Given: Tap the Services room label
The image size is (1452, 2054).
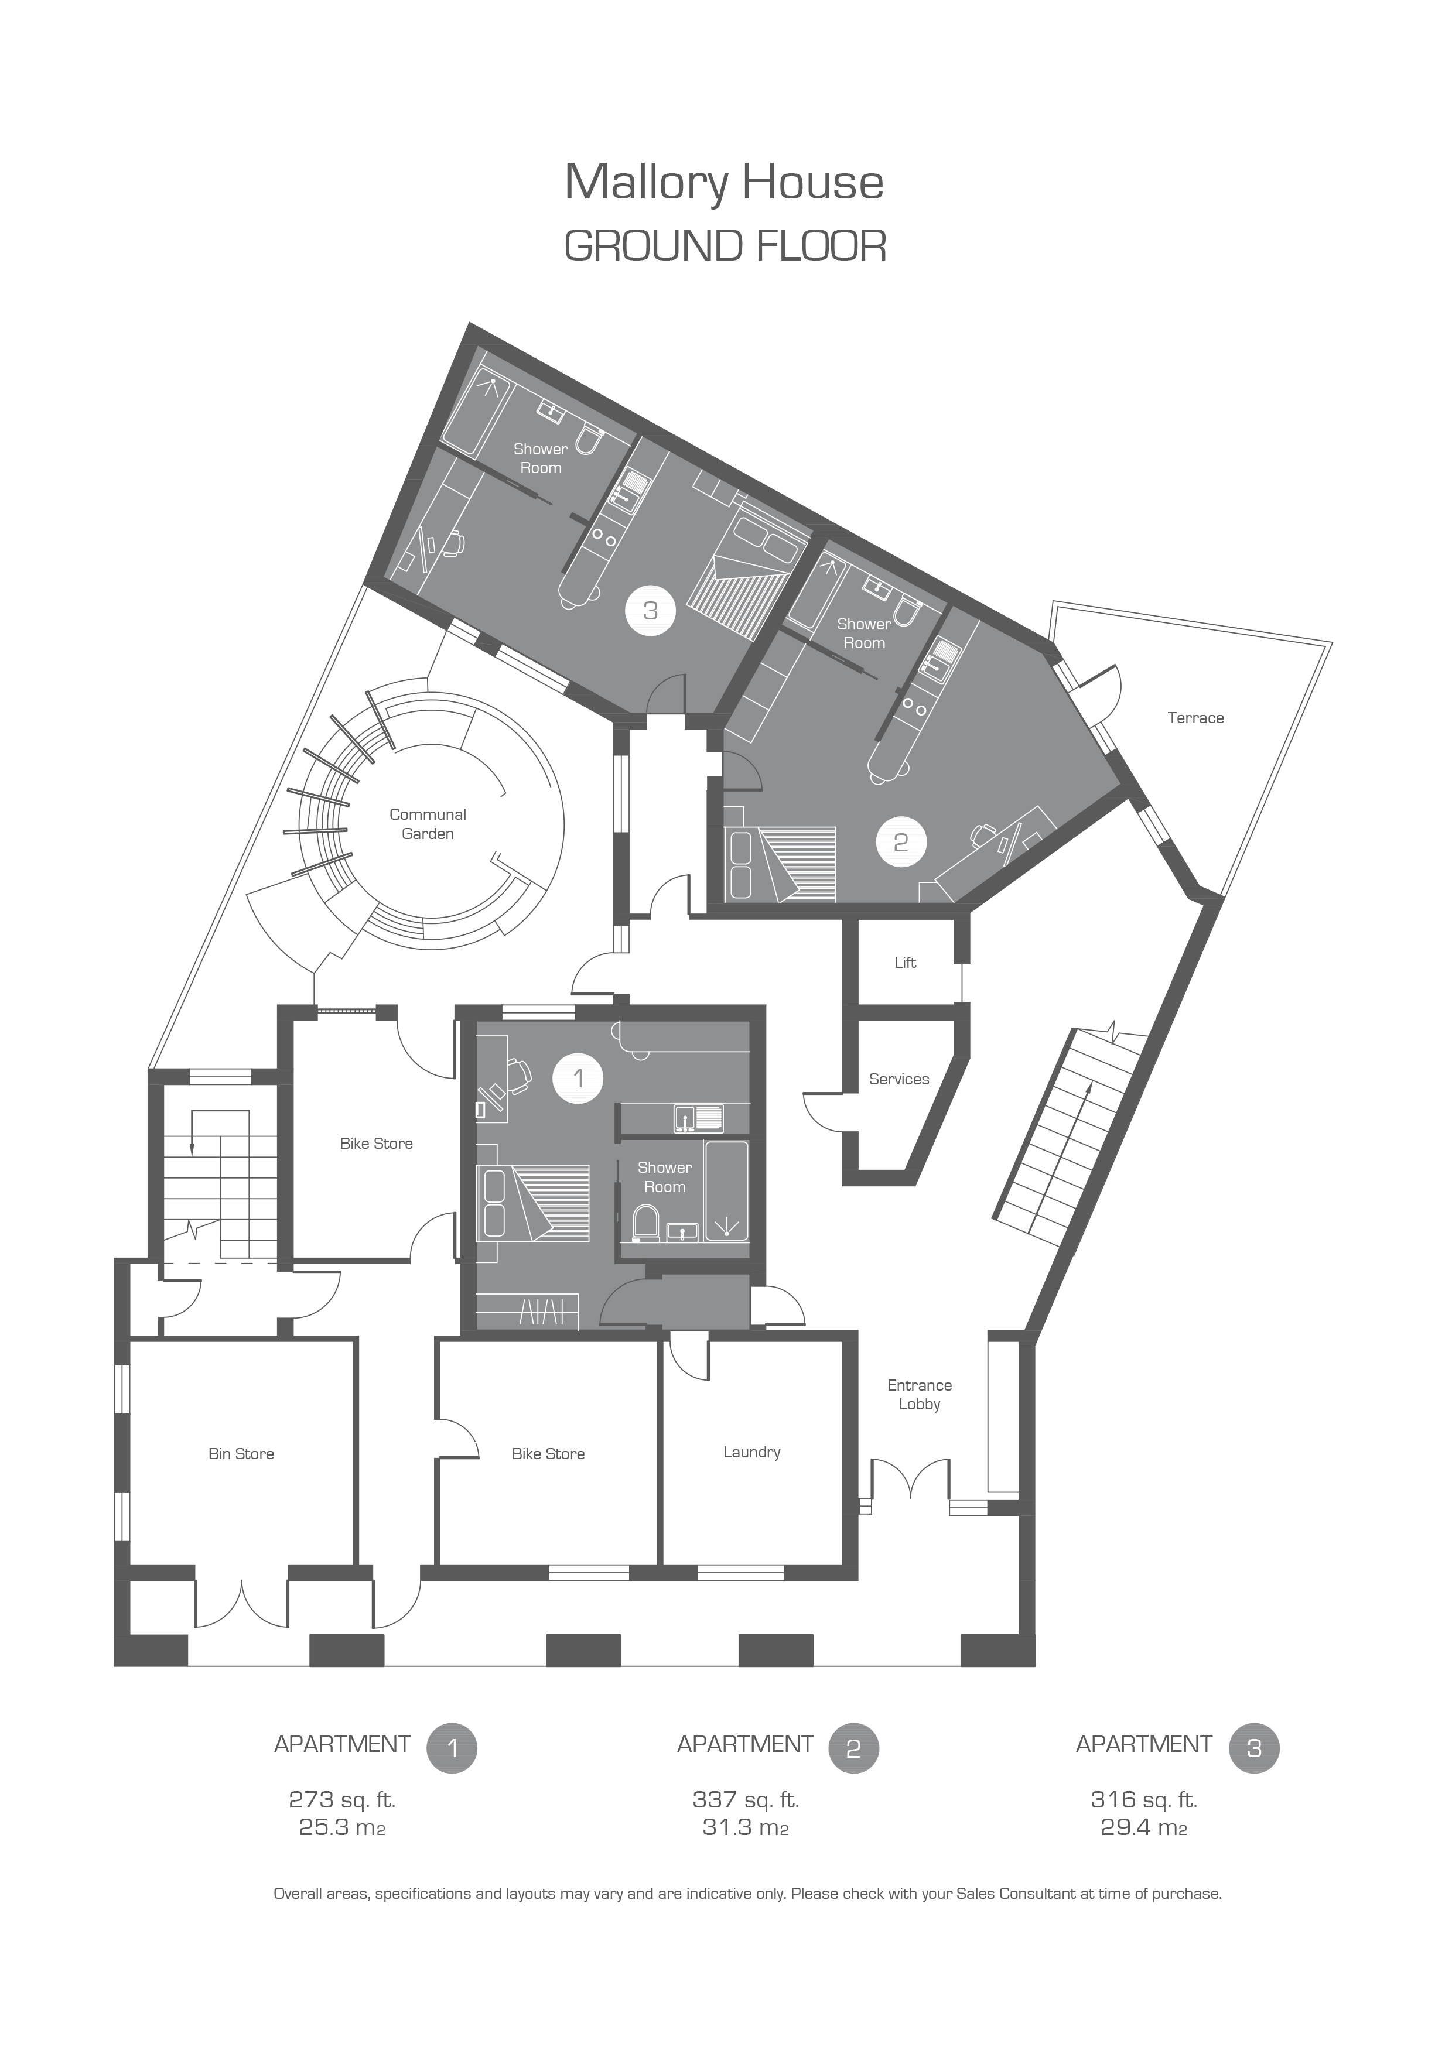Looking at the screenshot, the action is pyautogui.click(x=899, y=1079).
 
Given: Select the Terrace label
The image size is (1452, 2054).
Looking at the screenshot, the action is pyautogui.click(x=1195, y=717).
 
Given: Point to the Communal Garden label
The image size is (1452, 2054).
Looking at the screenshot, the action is pyautogui.click(x=428, y=824).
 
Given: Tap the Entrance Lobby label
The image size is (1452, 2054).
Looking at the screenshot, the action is pyautogui.click(x=920, y=1395).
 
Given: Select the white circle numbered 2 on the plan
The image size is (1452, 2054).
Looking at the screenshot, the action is pyautogui.click(x=900, y=842).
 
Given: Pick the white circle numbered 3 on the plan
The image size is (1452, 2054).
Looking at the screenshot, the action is pyautogui.click(x=650, y=610).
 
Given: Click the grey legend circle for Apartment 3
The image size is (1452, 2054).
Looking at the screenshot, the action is pyautogui.click(x=1253, y=1748).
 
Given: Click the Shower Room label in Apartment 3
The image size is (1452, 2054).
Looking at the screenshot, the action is pyautogui.click(x=541, y=458).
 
